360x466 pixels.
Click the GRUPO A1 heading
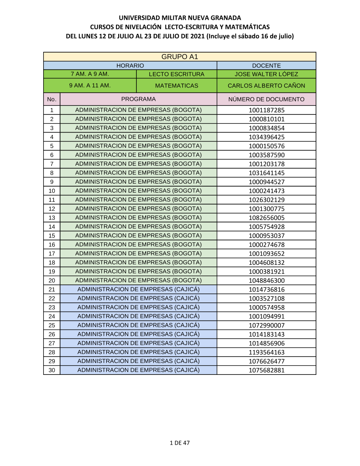pyautogui.click(x=180, y=57)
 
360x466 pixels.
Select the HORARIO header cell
pyautogui.click(x=130, y=66)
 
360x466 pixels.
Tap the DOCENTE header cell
pyautogui.click(x=266, y=66)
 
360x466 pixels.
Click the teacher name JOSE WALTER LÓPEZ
pyautogui.click(x=266, y=74)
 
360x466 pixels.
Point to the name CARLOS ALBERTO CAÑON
pyautogui.click(x=266, y=86)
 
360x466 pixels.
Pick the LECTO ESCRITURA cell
pyautogui.click(x=176, y=74)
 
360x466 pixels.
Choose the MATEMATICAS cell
pyautogui.click(x=176, y=86)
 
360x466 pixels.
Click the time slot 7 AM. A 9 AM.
pyautogui.click(x=90, y=74)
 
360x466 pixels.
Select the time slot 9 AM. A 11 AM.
pyautogui.click(x=90, y=86)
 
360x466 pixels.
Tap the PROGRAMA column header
pyautogui.click(x=138, y=99)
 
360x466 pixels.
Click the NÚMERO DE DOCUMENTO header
pyautogui.click(x=266, y=99)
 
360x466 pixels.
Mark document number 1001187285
pyautogui.click(x=266, y=110)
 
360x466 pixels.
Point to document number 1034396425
pyautogui.click(x=266, y=137)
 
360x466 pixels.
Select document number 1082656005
pyautogui.click(x=266, y=218)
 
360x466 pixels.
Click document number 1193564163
pyautogui.click(x=266, y=353)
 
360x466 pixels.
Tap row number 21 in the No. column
pyautogui.click(x=52, y=290)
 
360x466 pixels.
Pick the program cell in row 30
pyautogui.click(x=138, y=370)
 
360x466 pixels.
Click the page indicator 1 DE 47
pyautogui.click(x=180, y=443)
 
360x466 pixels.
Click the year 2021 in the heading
pyautogui.click(x=197, y=36)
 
